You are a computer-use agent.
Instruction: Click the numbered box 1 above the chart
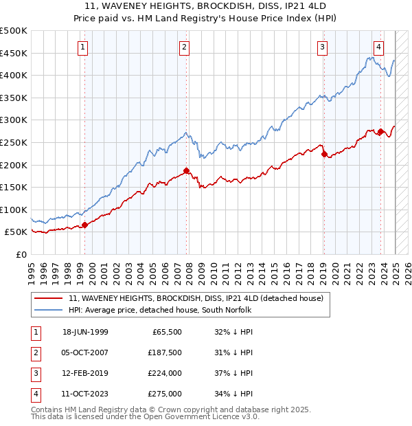(82, 47)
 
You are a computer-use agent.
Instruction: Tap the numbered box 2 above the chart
(185, 47)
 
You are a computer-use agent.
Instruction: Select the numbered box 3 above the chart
(322, 47)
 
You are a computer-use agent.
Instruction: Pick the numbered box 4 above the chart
(378, 47)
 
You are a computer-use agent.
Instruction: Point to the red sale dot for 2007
(186, 170)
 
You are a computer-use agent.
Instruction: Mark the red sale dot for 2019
(324, 154)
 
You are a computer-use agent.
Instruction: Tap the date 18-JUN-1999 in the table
(85, 332)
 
